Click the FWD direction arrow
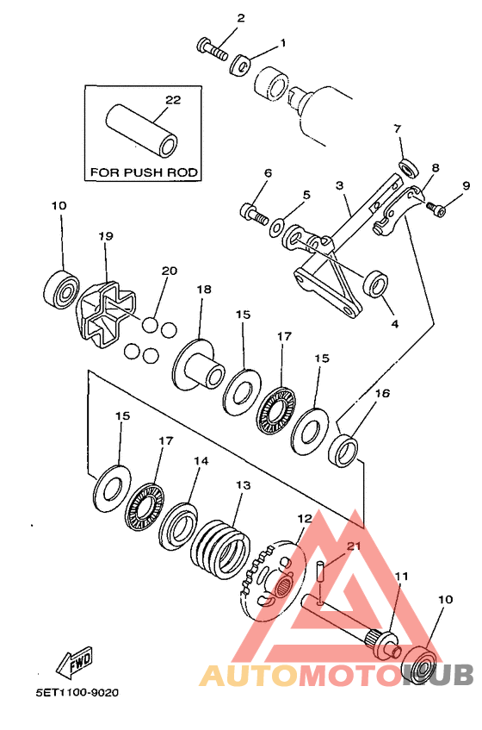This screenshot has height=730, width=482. tap(74, 661)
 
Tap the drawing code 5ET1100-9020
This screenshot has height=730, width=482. tap(77, 693)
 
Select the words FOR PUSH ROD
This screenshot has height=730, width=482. tap(144, 172)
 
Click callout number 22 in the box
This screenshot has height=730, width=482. tap(173, 100)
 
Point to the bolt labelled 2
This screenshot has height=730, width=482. tap(212, 50)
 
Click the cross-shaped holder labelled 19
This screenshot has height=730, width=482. tap(106, 315)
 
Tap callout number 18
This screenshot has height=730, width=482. tap(204, 289)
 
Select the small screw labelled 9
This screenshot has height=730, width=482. tap(436, 209)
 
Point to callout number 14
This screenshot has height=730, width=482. tap(201, 461)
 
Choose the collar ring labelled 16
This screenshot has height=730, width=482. tap(343, 449)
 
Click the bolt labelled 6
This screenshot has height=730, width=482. tap(254, 214)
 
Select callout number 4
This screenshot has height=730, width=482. tap(394, 323)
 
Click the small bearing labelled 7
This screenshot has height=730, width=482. tap(409, 167)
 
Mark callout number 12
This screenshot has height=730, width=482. tap(305, 518)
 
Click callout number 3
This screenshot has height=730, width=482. tap(340, 186)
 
